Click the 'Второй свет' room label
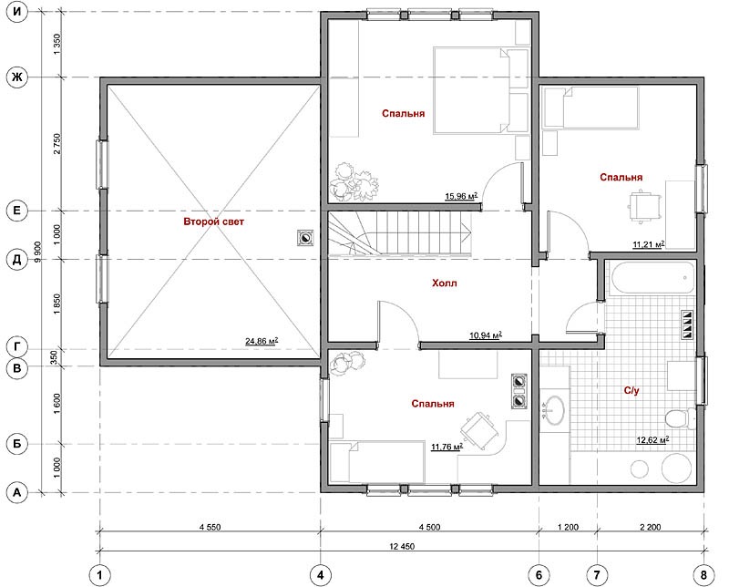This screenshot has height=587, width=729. click(213, 221)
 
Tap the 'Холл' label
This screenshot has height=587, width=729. click(445, 283)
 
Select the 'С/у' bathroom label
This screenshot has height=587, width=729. click(631, 391)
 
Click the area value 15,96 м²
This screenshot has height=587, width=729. click(461, 196)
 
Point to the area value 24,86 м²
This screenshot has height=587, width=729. click(262, 342)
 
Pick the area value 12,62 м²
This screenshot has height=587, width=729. click(652, 439)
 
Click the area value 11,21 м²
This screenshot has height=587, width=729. click(649, 244)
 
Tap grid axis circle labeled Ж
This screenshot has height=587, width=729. click(16, 77)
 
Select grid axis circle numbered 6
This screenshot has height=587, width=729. click(539, 575)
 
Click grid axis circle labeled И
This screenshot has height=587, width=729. click(16, 12)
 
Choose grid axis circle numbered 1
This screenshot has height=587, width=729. click(99, 575)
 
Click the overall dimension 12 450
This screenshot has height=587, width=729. click(402, 547)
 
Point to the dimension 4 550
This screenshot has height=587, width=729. click(210, 528)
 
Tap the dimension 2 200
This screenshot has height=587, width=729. click(650, 528)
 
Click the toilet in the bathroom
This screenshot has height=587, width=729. click(680, 418)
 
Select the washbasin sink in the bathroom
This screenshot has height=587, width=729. click(554, 410)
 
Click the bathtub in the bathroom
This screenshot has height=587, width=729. click(652, 279)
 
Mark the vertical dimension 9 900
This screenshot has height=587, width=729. click(38, 252)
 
